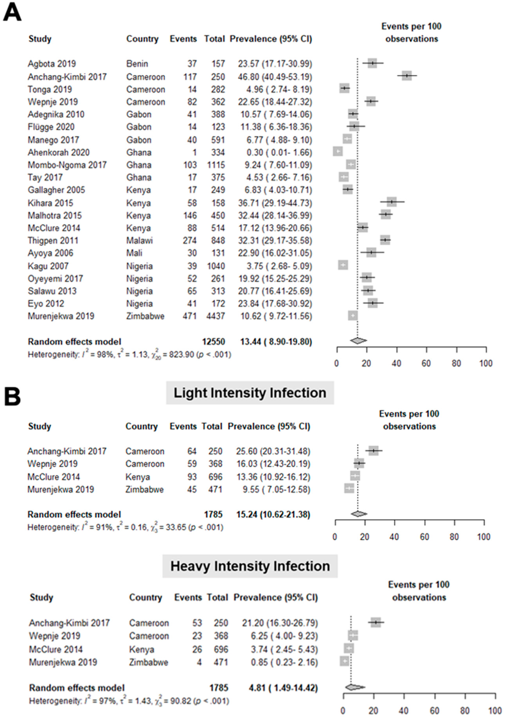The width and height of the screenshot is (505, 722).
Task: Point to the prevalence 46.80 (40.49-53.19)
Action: [275, 77]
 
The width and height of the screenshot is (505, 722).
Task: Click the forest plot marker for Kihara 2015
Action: [392, 202]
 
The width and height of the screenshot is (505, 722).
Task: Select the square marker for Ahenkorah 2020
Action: [338, 152]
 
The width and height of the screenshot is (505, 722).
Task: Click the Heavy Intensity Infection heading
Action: [250, 566]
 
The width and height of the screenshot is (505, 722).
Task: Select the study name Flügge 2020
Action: [51, 127]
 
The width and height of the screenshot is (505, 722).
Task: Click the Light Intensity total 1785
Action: [213, 515]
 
